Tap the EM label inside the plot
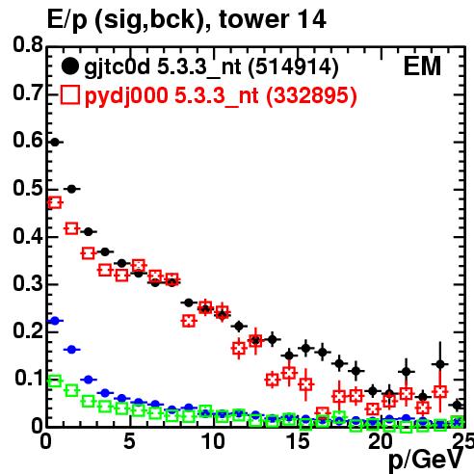tap(422, 66)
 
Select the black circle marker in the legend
tap(69, 66)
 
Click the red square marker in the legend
tap(69, 95)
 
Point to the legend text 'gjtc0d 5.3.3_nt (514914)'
tap(211, 67)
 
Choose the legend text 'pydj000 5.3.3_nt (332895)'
tap(221, 96)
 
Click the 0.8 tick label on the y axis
tap(28, 45)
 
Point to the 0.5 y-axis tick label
tap(28, 189)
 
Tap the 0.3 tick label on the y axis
tap(28, 284)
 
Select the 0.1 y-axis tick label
tap(28, 379)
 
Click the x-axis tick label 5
tap(129, 441)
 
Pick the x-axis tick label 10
tap(213, 441)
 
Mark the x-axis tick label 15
tap(298, 441)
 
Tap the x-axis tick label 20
tap(381, 441)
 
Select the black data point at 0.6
tap(55, 142)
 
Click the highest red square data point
tap(55, 202)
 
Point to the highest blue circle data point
tap(55, 321)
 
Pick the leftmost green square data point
tap(55, 382)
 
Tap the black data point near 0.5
tap(71, 189)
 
